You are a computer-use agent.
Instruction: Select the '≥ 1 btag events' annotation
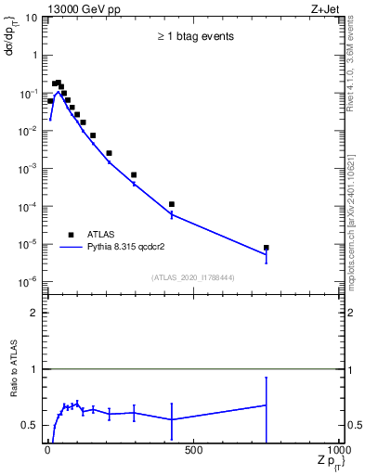194,37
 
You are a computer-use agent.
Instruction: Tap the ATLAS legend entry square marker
70,235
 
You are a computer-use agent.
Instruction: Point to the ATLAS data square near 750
267,248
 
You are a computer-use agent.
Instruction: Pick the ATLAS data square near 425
172,204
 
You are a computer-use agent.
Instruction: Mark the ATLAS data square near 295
134,174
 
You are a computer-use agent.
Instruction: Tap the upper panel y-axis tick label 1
33,56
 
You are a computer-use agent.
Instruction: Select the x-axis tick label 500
193,451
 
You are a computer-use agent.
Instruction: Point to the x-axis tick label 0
47,451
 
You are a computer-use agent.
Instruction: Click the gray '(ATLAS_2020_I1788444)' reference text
193,277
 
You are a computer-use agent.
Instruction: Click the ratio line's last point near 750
267,404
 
